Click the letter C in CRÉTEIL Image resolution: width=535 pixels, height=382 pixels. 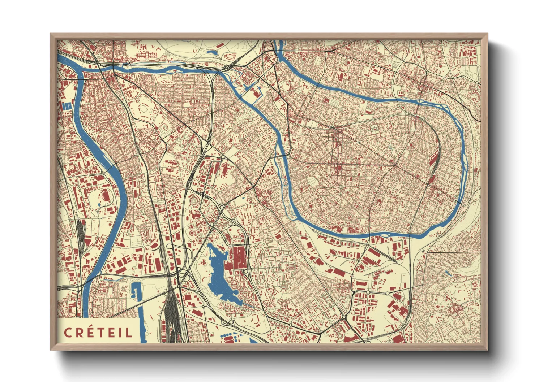point(68,333)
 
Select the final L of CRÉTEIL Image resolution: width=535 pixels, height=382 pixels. point(129,333)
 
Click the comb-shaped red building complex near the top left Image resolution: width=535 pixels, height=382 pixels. point(147,55)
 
